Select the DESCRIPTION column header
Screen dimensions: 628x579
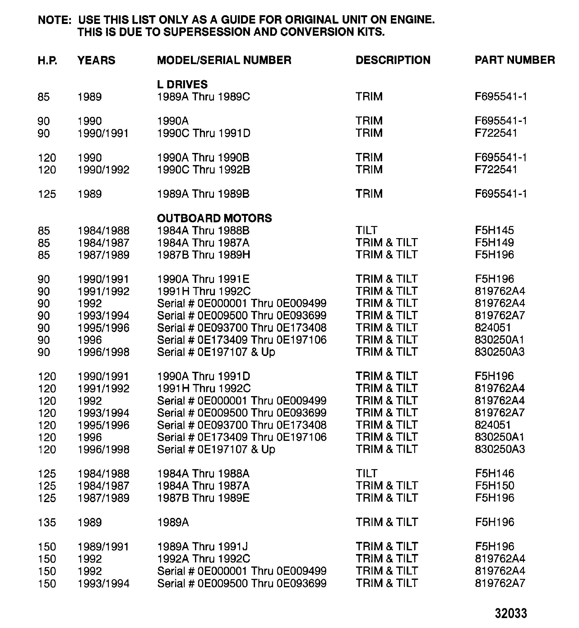pos(393,60)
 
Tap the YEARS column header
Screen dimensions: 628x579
pos(96,60)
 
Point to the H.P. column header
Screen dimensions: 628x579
pos(47,60)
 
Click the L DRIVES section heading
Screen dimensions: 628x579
pos(182,84)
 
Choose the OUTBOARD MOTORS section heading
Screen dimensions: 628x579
pos(214,218)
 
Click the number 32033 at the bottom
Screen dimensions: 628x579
pos(511,613)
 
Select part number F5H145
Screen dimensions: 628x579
pos(494,231)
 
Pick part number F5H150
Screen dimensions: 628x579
pos(494,486)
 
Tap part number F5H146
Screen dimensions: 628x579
pos(494,473)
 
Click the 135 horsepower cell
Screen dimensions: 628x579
pos(47,522)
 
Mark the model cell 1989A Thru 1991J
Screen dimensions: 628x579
pos(202,547)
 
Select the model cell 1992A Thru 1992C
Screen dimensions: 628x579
pos(204,559)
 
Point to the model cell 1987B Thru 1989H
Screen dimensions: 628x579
pos(204,255)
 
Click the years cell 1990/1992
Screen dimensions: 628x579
pos(103,170)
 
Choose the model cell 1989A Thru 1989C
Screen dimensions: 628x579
pos(203,97)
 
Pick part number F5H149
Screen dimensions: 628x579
pos(494,243)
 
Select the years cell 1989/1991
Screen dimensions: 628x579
pos(103,547)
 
